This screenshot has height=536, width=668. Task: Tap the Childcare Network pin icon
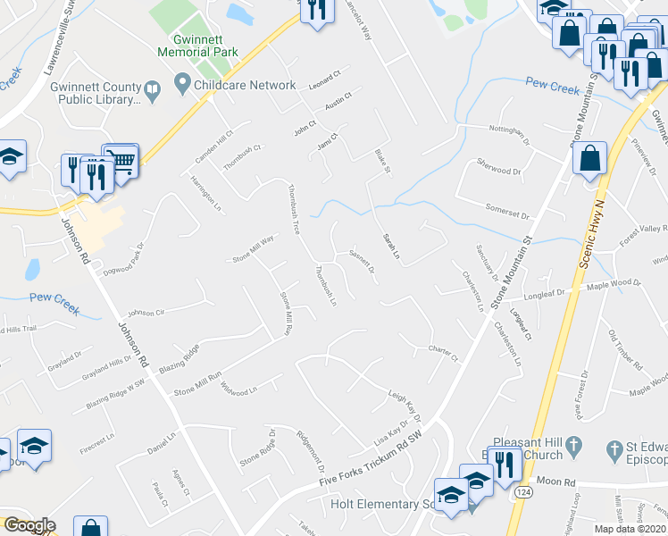pyautogui.click(x=182, y=86)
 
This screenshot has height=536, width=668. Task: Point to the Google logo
pyautogui.click(x=29, y=526)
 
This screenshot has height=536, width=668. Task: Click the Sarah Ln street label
pyautogui.click(x=389, y=246)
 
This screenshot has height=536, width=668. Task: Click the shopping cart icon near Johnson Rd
pyautogui.click(x=120, y=160)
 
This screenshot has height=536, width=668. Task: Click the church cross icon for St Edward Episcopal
pyautogui.click(x=614, y=448)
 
